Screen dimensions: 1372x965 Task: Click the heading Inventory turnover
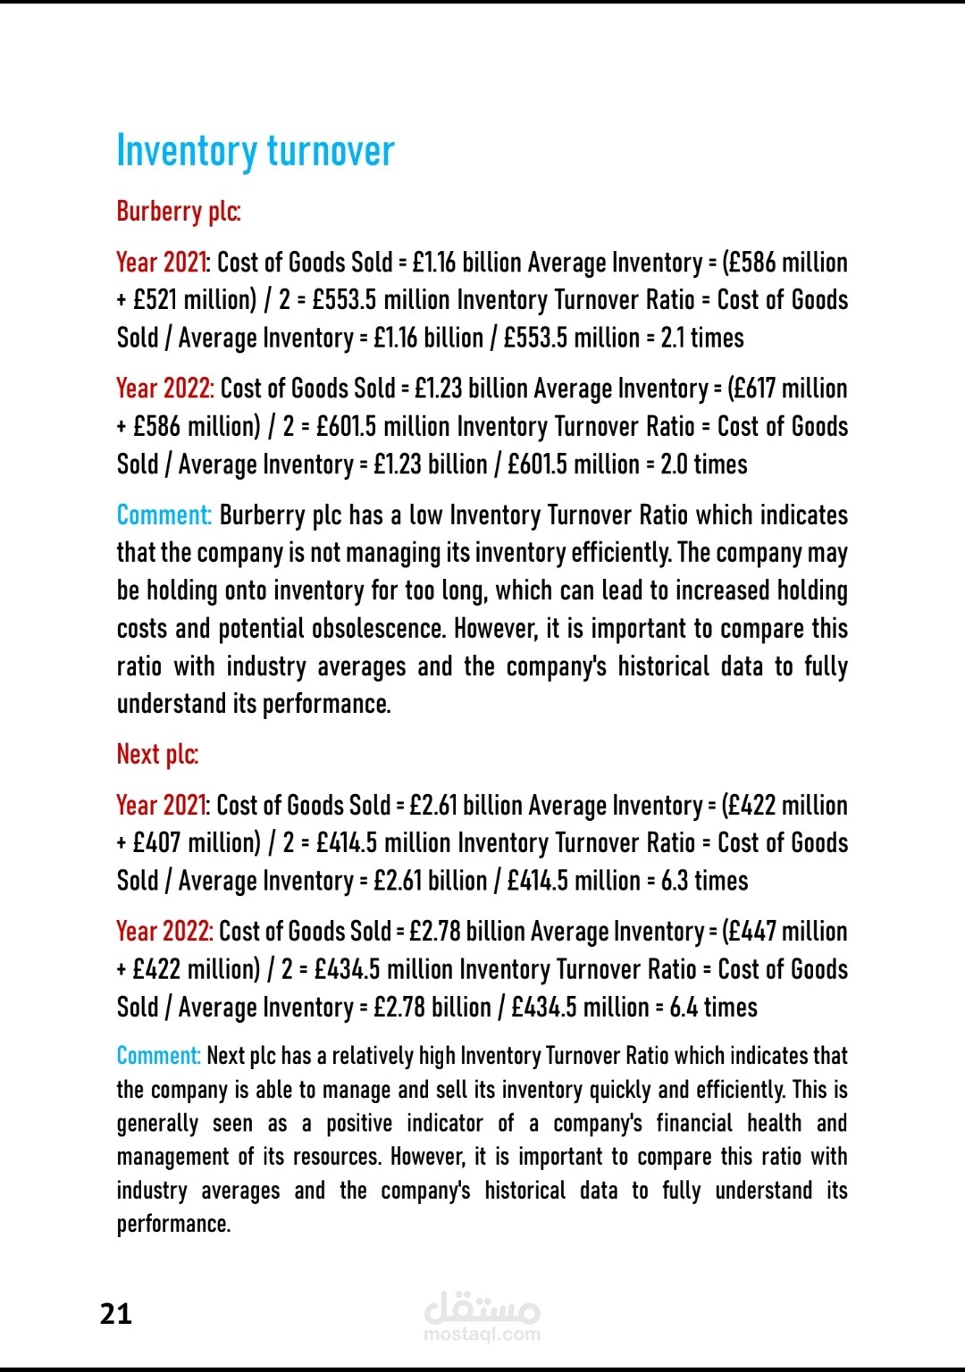coord(255,151)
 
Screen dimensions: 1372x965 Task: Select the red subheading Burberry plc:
coord(178,212)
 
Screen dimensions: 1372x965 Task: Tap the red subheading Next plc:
coord(157,755)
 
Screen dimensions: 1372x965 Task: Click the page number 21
coord(116,1314)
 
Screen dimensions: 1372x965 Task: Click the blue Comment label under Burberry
coord(164,515)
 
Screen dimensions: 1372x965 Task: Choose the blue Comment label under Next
coord(158,1056)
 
